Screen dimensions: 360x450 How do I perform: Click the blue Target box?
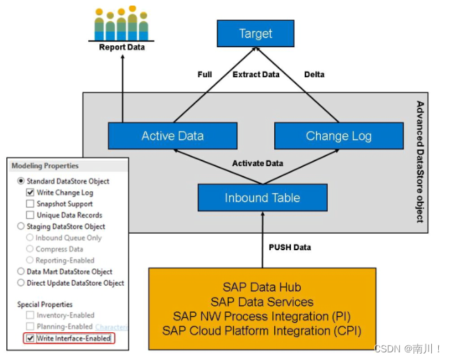pyautogui.click(x=256, y=33)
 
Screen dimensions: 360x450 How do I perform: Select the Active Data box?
pyautogui.click(x=172, y=136)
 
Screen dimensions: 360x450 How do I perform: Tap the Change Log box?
pyautogui.click(x=338, y=136)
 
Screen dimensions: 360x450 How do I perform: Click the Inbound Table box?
pyautogui.click(x=262, y=198)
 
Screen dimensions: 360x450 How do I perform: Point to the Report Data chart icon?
pyautogui.click(x=122, y=25)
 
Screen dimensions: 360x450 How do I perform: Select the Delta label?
pyautogui.click(x=314, y=74)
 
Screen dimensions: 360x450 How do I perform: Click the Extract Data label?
pyautogui.click(x=256, y=74)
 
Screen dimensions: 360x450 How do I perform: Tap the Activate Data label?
pyautogui.click(x=257, y=163)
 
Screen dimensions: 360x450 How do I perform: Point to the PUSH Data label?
pyautogui.click(x=290, y=247)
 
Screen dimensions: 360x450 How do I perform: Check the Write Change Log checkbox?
pyautogui.click(x=30, y=193)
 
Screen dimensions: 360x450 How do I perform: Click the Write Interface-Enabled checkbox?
pyautogui.click(x=30, y=338)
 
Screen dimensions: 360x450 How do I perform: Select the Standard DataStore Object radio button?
pyautogui.click(x=21, y=181)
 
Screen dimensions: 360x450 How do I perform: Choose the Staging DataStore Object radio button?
pyautogui.click(x=21, y=227)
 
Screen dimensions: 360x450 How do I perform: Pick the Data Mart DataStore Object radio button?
pyautogui.click(x=21, y=272)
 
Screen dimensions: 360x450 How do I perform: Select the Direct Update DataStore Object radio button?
pyautogui.click(x=21, y=283)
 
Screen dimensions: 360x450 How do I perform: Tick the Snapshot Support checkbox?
pyautogui.click(x=30, y=204)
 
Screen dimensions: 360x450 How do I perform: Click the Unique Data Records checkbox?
pyautogui.click(x=30, y=215)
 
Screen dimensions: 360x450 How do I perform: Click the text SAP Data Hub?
pyautogui.click(x=262, y=287)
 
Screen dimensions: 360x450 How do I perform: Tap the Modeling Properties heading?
pyautogui.click(x=45, y=166)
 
